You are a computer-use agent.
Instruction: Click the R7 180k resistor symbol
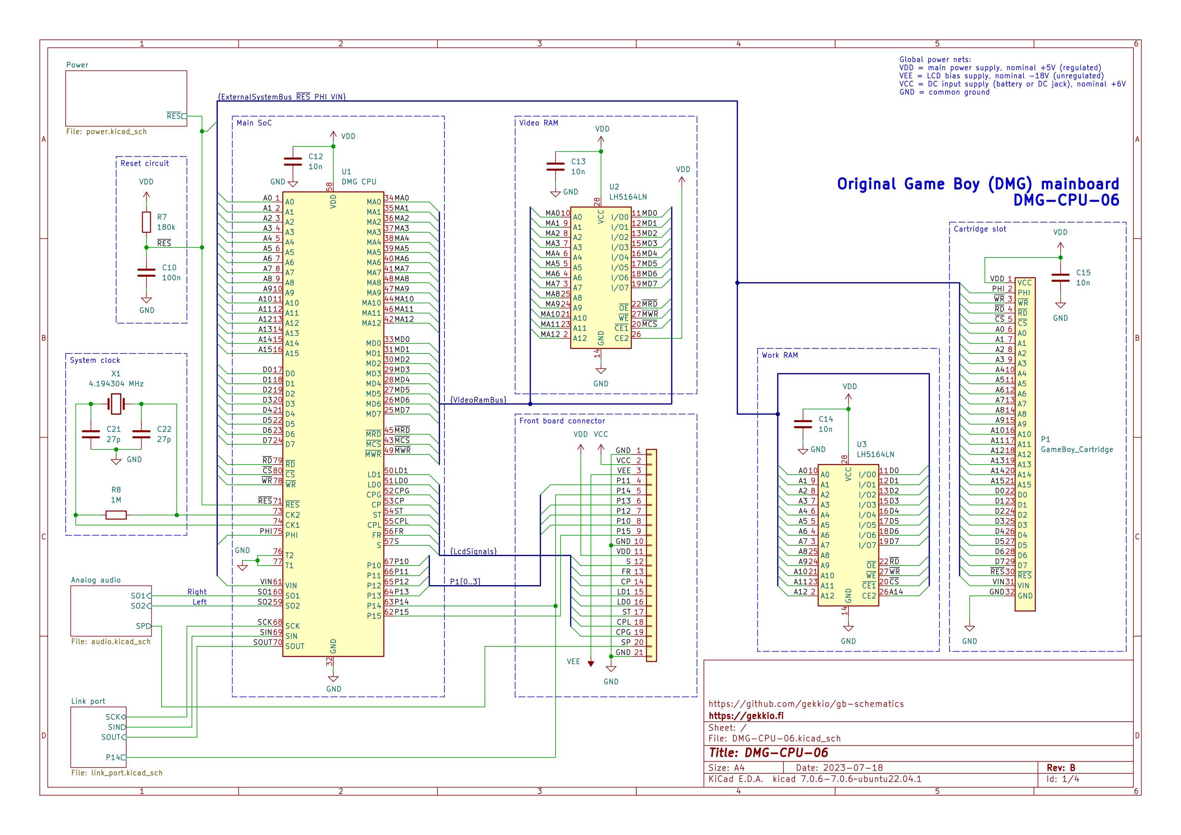pyautogui.click(x=147, y=222)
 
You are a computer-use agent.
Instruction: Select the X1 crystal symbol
pyautogui.click(x=116, y=404)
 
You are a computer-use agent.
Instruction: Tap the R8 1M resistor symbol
pyautogui.click(x=116, y=515)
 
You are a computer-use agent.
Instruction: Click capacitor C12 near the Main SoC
pyautogui.click(x=293, y=162)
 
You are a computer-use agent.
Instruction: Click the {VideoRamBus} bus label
pyautogui.click(x=478, y=400)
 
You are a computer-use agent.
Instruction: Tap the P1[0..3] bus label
pyautogui.click(x=465, y=582)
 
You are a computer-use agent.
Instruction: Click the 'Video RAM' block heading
pyautogui.click(x=538, y=123)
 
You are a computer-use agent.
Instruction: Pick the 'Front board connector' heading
pyautogui.click(x=562, y=421)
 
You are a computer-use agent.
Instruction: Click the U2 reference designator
pyautogui.click(x=614, y=187)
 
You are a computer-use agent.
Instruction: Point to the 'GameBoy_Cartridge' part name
pyautogui.click(x=1077, y=449)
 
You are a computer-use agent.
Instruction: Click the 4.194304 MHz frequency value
pyautogui.click(x=116, y=384)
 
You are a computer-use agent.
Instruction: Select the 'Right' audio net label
pyautogui.click(x=197, y=592)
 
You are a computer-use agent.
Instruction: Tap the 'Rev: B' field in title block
pyautogui.click(x=1061, y=767)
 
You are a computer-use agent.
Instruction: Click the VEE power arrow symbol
pyautogui.click(x=591, y=664)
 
